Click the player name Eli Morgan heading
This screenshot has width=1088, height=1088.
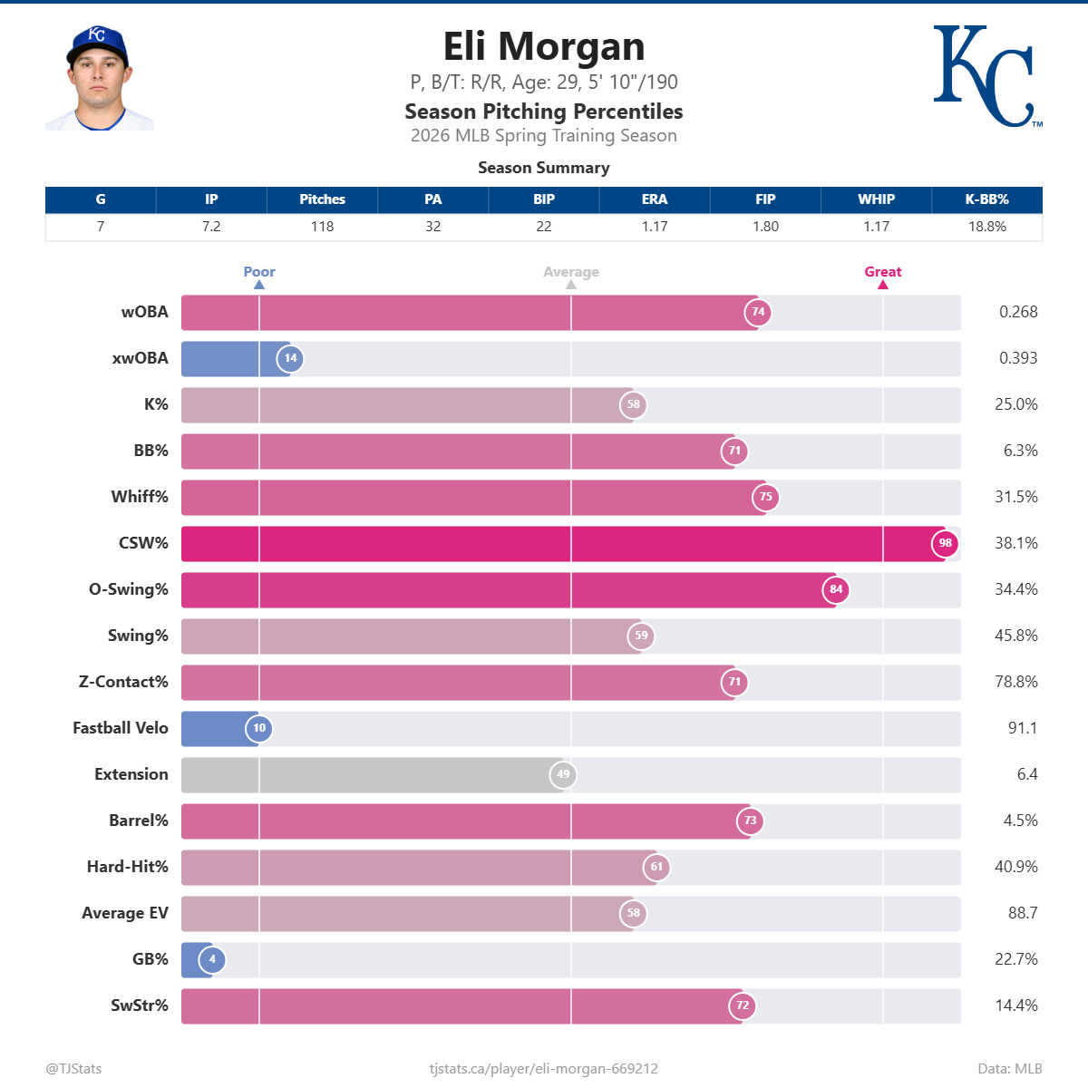(543, 47)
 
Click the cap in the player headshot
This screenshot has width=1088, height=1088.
(96, 44)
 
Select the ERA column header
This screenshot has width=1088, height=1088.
(654, 199)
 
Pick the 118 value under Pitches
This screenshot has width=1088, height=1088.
(322, 227)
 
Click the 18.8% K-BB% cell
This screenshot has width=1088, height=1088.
(986, 227)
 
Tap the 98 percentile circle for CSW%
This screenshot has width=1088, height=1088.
(945, 543)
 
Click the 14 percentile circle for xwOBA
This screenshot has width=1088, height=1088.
(290, 358)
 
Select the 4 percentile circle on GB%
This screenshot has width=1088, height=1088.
(212, 959)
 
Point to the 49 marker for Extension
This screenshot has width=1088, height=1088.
(563, 774)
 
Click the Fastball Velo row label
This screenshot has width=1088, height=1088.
(121, 728)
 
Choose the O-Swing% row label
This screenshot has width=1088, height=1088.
(129, 589)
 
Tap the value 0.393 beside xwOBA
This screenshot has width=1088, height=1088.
(1017, 358)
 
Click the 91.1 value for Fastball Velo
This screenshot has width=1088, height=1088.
(1022, 728)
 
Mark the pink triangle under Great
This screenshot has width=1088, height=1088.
(882, 285)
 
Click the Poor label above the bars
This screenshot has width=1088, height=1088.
(259, 272)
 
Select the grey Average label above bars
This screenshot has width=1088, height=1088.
(570, 272)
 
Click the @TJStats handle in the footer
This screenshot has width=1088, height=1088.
(73, 1068)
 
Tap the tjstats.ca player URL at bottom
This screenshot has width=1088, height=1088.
(543, 1068)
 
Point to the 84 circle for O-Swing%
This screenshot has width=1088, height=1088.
(836, 589)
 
